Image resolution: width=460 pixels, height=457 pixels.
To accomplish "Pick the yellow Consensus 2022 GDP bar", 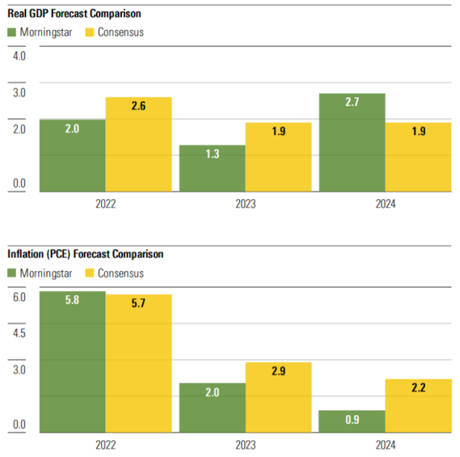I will (x=138, y=145).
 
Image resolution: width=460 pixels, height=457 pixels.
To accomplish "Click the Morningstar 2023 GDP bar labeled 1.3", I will (x=212, y=168).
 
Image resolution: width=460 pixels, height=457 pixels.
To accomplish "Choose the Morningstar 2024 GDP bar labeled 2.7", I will (x=352, y=142).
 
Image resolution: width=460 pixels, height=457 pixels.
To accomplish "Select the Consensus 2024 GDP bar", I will (x=418, y=157).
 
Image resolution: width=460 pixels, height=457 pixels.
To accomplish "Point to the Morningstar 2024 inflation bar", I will (x=352, y=422).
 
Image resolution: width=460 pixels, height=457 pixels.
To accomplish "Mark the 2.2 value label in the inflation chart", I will (x=418, y=388).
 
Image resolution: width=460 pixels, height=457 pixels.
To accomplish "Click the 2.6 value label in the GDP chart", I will (x=138, y=106).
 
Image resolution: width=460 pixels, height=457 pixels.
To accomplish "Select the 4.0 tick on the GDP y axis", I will (x=19, y=57).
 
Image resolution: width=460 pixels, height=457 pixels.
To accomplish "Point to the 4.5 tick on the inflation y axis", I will (x=19, y=333).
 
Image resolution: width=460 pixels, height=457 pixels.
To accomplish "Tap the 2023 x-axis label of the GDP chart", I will (x=245, y=204).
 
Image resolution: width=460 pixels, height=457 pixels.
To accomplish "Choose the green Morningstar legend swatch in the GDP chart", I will (x=13, y=32).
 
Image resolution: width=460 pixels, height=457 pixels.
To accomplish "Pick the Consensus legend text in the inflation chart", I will (x=120, y=273).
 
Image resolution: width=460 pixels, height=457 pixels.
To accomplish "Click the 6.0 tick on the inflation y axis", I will (x=19, y=297).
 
